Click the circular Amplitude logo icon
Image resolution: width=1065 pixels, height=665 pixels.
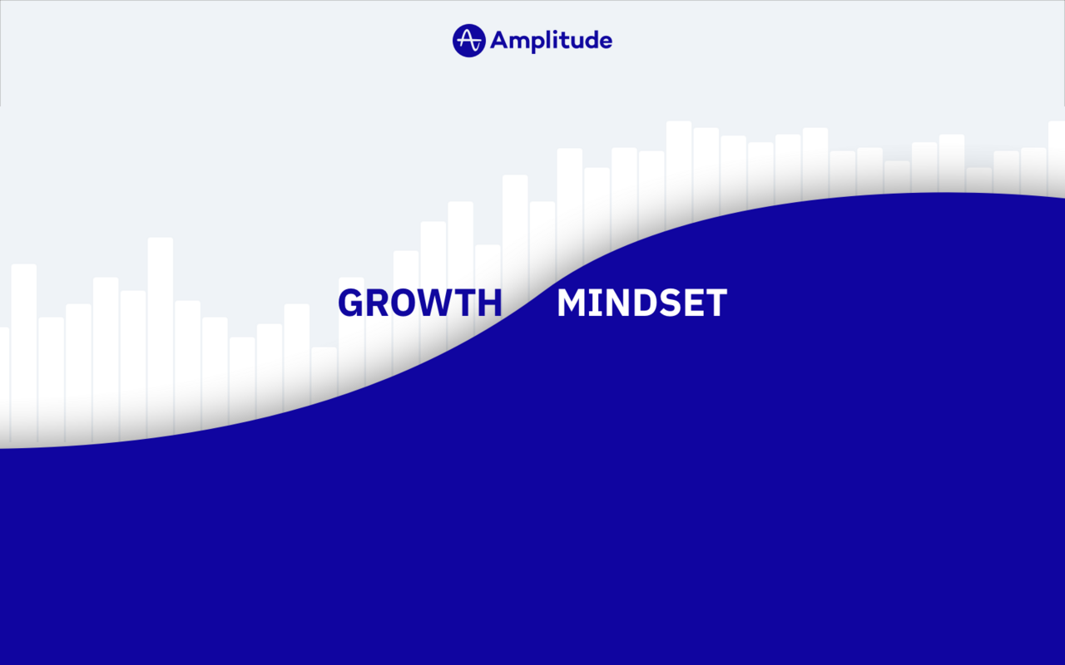(x=468, y=40)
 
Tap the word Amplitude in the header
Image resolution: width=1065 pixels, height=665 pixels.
(x=551, y=40)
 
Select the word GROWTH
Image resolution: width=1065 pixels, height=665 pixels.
(x=419, y=303)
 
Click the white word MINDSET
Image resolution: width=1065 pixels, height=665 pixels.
(x=641, y=303)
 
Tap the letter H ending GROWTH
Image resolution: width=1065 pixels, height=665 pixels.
(x=490, y=303)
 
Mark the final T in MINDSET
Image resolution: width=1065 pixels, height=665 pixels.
(x=716, y=303)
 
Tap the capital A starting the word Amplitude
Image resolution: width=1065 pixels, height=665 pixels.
(x=499, y=40)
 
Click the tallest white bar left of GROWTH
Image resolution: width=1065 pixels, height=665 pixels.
(x=161, y=332)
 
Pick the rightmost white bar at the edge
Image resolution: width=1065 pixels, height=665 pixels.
(x=1057, y=158)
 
